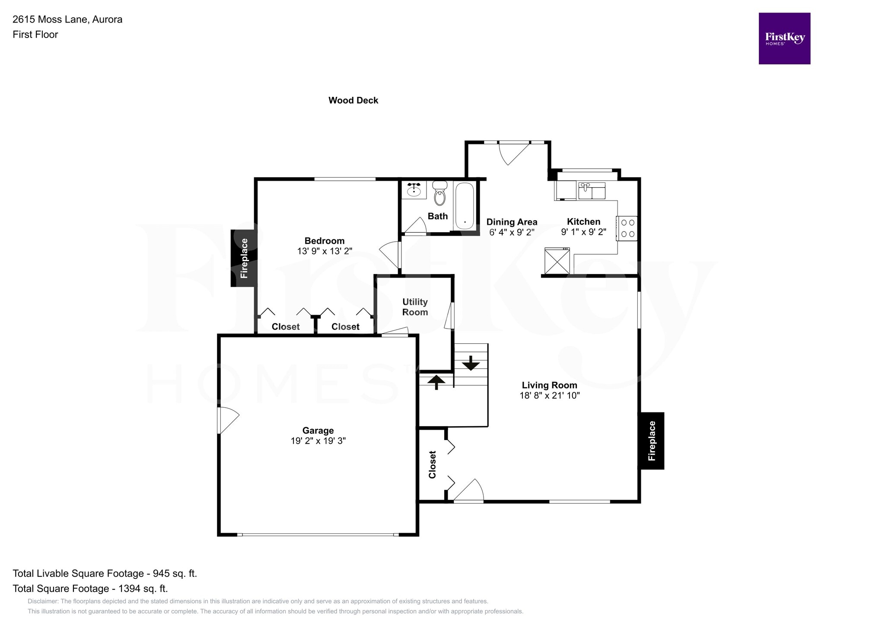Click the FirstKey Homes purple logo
[x=784, y=38]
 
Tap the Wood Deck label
[x=353, y=100]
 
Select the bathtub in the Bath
[x=465, y=205]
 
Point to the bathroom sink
[x=414, y=189]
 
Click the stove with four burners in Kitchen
[x=627, y=228]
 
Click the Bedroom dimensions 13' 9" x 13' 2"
[x=325, y=251]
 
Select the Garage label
[x=318, y=431]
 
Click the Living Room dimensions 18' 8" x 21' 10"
[x=549, y=396]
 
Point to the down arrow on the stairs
[x=471, y=363]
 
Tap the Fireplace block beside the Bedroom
[x=244, y=258]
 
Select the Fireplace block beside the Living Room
[x=652, y=441]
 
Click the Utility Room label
[x=415, y=307]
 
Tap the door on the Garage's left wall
[x=227, y=420]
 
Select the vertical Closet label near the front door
[x=432, y=465]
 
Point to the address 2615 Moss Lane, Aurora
[x=67, y=19]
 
